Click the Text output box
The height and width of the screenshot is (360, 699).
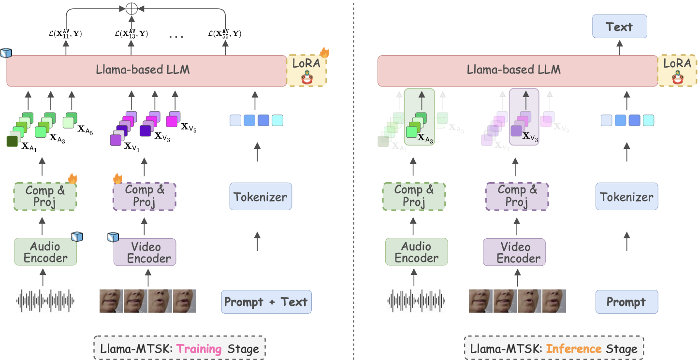coord(619,27)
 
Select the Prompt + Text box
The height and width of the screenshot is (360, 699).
coord(266,302)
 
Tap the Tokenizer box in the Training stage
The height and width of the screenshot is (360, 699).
coord(261,197)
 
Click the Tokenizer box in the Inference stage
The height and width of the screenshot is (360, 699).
coord(626,197)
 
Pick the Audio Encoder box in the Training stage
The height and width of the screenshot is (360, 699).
coord(45,252)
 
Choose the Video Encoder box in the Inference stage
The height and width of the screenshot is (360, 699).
coord(514,252)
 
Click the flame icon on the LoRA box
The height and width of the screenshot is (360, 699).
coord(323,52)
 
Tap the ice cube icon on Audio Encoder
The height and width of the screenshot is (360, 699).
coord(77,236)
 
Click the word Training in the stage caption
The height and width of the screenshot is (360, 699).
coord(198,349)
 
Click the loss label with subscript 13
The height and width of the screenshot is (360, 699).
coord(131,33)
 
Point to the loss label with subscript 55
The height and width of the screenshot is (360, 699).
coord(224,33)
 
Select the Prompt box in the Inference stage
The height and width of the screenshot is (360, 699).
coord(626,302)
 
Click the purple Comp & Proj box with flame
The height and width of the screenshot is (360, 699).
coord(145,196)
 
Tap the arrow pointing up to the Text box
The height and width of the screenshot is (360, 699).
coord(619,46)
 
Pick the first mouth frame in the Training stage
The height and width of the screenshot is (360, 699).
coord(111,302)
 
